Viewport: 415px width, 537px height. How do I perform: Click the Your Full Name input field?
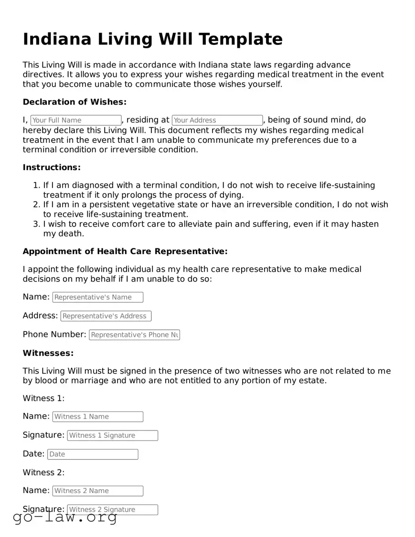pyautogui.click(x=76, y=120)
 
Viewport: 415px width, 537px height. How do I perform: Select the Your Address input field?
pyautogui.click(x=217, y=120)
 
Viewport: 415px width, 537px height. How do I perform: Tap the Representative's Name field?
pyautogui.click(x=98, y=297)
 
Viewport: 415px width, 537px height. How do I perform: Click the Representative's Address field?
pyautogui.click(x=106, y=316)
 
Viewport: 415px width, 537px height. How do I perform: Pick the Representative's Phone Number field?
pyautogui.click(x=134, y=335)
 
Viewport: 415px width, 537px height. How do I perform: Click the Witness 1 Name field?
pyautogui.click(x=98, y=417)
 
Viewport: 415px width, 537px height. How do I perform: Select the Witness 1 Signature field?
pyautogui.click(x=112, y=435)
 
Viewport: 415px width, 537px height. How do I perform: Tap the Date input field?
pyautogui.click(x=93, y=454)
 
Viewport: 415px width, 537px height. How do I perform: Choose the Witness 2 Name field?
pyautogui.click(x=98, y=491)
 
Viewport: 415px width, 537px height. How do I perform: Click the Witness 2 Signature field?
pyautogui.click(x=112, y=510)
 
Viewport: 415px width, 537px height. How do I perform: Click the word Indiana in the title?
pyautogui.click(x=57, y=39)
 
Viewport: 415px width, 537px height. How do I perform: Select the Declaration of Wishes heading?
pyautogui.click(x=74, y=102)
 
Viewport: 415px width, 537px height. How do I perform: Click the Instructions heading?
pyautogui.click(x=52, y=167)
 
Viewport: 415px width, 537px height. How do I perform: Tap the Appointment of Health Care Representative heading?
pyautogui.click(x=125, y=251)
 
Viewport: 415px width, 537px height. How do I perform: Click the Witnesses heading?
pyautogui.click(x=48, y=353)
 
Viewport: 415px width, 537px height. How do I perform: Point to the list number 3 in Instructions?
pyautogui.click(x=37, y=224)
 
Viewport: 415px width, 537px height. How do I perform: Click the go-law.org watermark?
pyautogui.click(x=65, y=517)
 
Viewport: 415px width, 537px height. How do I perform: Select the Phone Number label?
pyautogui.click(x=54, y=334)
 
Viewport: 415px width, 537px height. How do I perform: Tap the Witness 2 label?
pyautogui.click(x=43, y=473)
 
